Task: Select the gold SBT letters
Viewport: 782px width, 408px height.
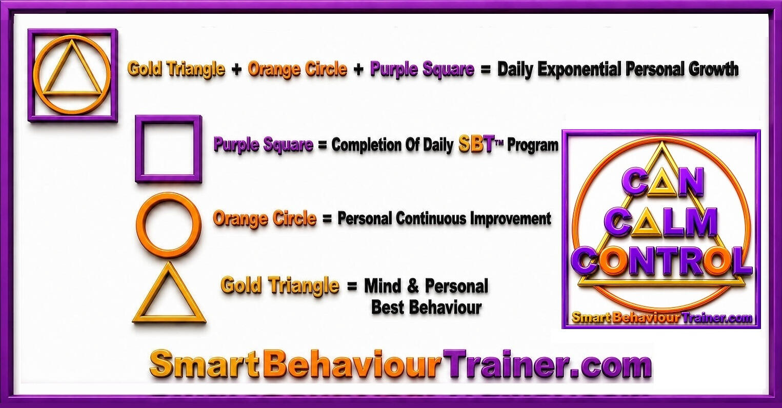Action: coord(475,144)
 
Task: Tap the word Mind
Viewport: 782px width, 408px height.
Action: coord(383,286)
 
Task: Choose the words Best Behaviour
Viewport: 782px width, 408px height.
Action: coord(426,308)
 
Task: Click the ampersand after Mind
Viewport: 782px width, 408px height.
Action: coord(413,286)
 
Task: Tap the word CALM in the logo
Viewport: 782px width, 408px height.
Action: coord(661,225)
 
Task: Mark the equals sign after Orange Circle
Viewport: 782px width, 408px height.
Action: coord(327,219)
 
